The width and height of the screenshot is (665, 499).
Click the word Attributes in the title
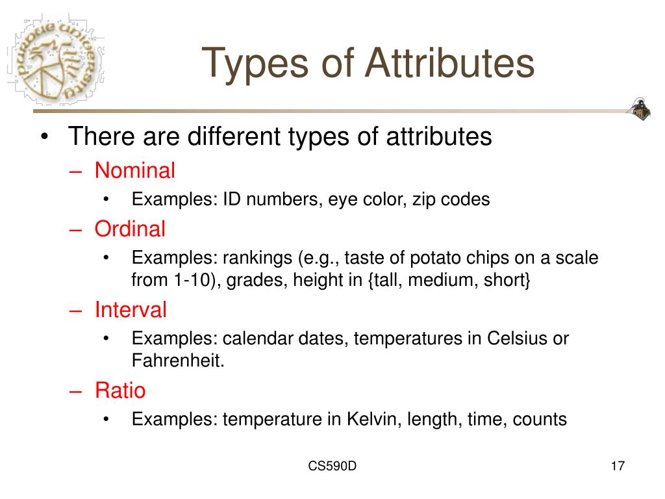pyautogui.click(x=449, y=64)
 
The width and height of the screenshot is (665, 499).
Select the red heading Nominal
pyautogui.click(x=135, y=171)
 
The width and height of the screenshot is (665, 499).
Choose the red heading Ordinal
pyautogui.click(x=130, y=229)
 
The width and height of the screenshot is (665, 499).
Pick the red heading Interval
pyautogui.click(x=131, y=310)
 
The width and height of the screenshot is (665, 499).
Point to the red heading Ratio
pyautogui.click(x=120, y=390)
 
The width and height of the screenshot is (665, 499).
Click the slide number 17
pyautogui.click(x=617, y=467)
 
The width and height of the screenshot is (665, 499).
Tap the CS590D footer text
pyautogui.click(x=332, y=467)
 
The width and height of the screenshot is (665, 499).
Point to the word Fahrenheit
pyautogui.click(x=178, y=361)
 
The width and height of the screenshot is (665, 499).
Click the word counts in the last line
pyautogui.click(x=540, y=420)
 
